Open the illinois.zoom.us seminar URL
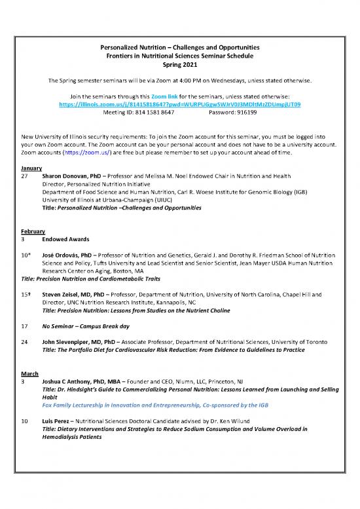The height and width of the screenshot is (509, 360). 179,104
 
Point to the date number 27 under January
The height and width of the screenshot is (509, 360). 25,177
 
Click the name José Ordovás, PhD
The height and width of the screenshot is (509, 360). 68,254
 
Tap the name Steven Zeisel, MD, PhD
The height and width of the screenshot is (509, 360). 75,295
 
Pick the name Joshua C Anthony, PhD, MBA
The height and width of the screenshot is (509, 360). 85,381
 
